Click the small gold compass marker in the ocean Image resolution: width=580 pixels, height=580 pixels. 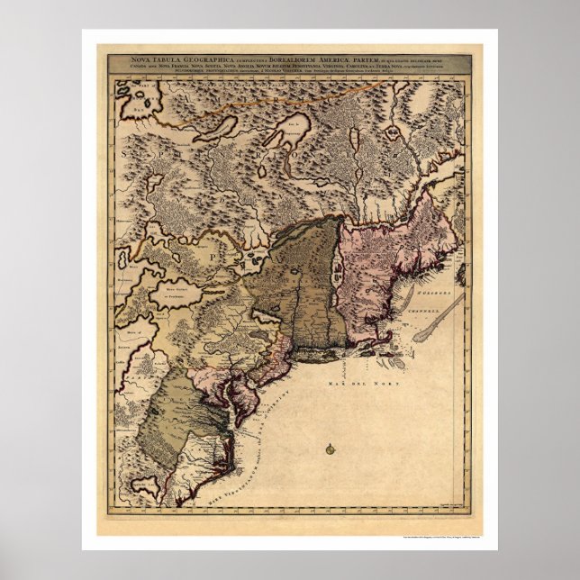331,447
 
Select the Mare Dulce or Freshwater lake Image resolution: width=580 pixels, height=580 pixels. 179,293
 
